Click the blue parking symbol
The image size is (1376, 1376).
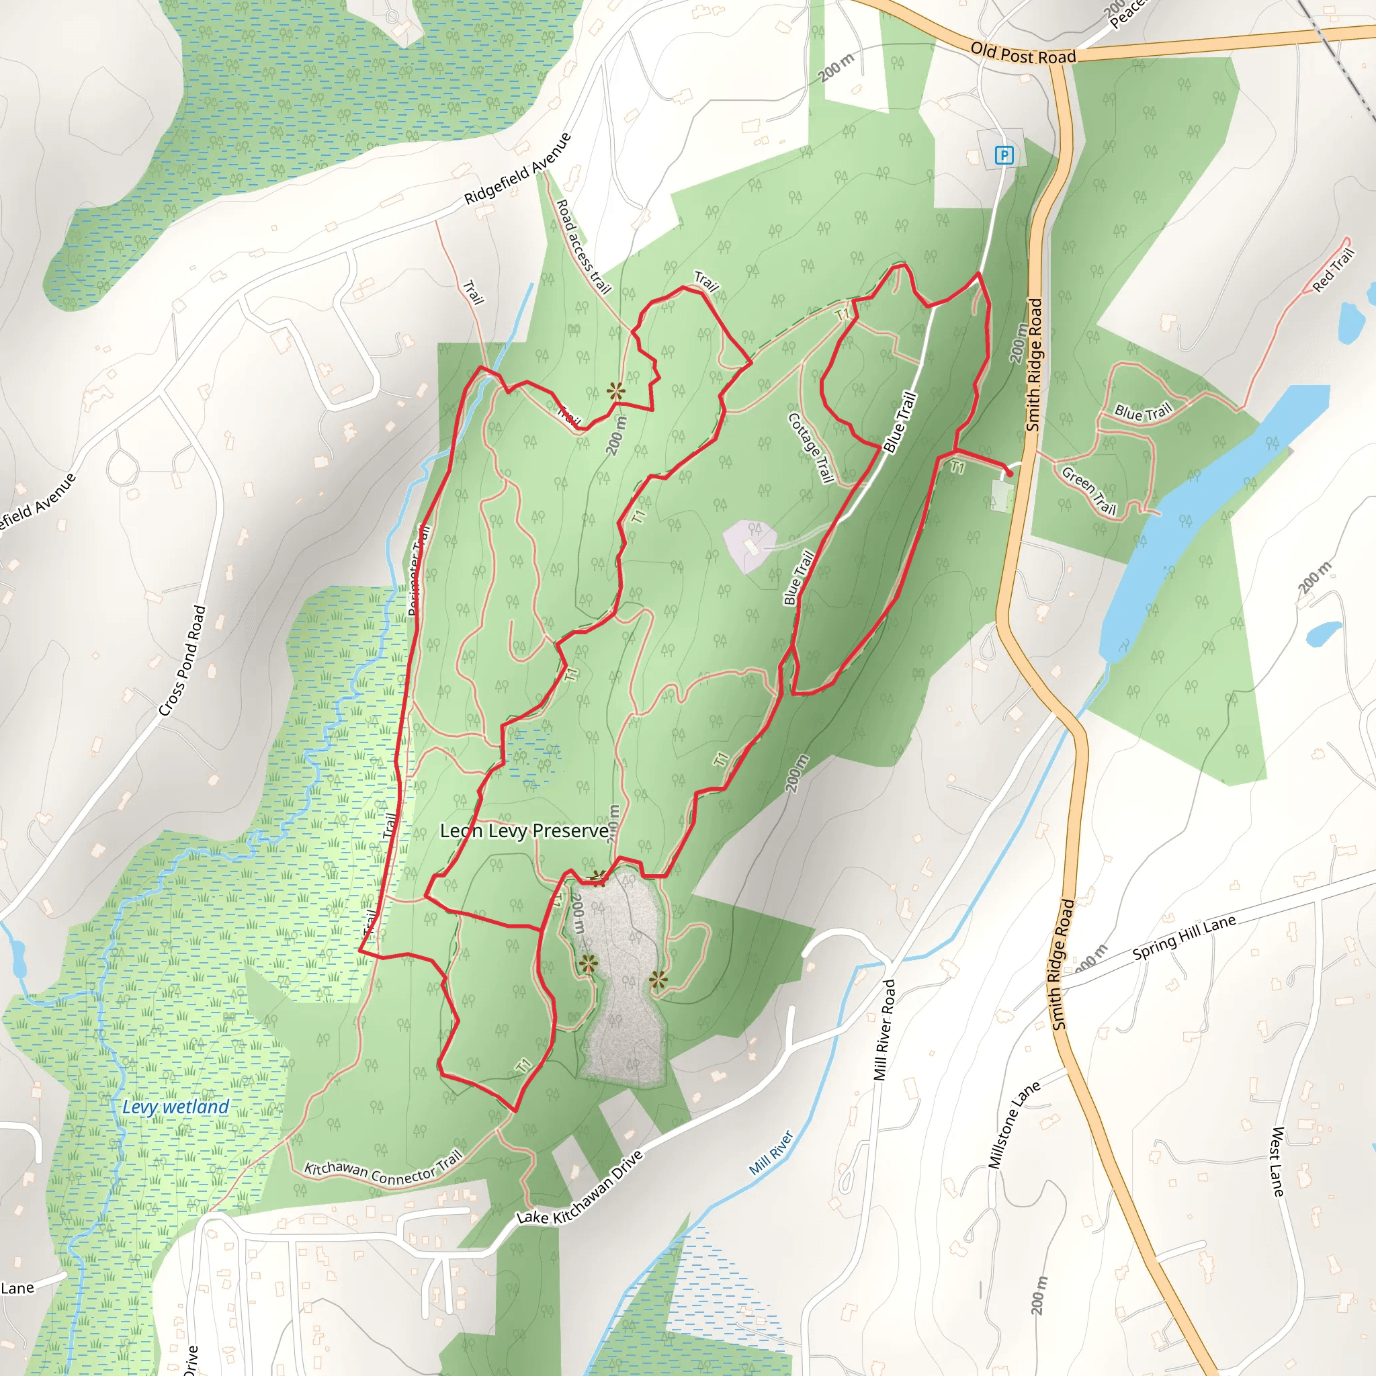click(x=1004, y=155)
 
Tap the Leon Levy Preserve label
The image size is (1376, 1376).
click(x=524, y=831)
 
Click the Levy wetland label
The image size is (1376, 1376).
click(x=175, y=1107)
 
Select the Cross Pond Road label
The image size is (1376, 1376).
click(x=182, y=660)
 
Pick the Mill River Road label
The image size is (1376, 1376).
click(x=884, y=1030)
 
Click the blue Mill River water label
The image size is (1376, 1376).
click(x=771, y=1153)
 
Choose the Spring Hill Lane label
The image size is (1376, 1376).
click(x=1184, y=937)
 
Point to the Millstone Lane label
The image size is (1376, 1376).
click(x=1014, y=1125)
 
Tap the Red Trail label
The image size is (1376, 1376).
click(x=1333, y=271)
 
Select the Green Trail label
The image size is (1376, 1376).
click(x=1089, y=490)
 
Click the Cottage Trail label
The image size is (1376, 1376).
click(x=811, y=448)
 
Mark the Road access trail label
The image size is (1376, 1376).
click(x=583, y=247)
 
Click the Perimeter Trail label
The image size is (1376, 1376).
click(x=419, y=570)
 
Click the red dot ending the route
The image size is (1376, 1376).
click(x=1009, y=474)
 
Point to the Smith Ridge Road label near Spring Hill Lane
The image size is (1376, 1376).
click(x=1063, y=963)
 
